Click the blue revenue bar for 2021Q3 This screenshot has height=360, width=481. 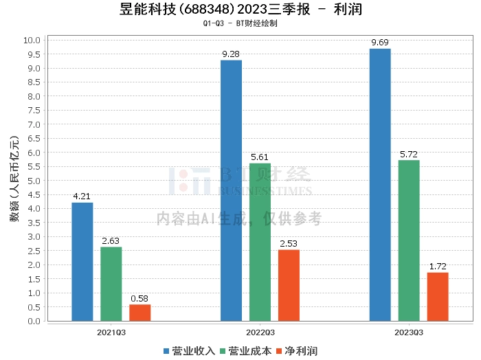pyautogui.click(x=82, y=262)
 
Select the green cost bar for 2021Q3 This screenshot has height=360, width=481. pyautogui.click(x=111, y=284)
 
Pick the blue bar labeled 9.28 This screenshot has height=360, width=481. pyautogui.click(x=231, y=190)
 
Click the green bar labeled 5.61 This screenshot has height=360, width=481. pyautogui.click(x=260, y=242)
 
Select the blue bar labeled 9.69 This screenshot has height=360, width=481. pyautogui.click(x=380, y=185)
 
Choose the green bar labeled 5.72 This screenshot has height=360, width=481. pyautogui.click(x=409, y=240)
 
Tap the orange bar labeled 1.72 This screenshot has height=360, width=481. pyautogui.click(x=438, y=297)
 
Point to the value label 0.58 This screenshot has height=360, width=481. pyautogui.click(x=140, y=299)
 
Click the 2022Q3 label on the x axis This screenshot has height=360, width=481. pyautogui.click(x=260, y=332)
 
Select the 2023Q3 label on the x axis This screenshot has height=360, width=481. pyautogui.click(x=409, y=332)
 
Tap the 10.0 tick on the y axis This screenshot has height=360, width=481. pyautogui.click(x=32, y=40)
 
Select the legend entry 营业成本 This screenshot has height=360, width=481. pyautogui.click(x=246, y=351)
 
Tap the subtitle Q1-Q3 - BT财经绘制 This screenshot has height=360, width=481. pyautogui.click(x=240, y=23)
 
